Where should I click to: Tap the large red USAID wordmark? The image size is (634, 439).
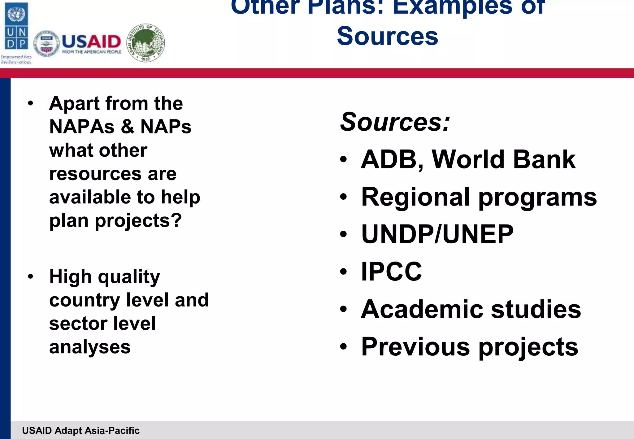[x=91, y=41]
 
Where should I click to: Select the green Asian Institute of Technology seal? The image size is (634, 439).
[x=146, y=43]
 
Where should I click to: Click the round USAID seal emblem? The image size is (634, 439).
[x=46, y=44]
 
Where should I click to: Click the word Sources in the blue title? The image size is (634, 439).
[x=387, y=36]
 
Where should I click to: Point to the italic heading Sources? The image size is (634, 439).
[x=395, y=122]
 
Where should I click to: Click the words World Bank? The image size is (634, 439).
[x=503, y=159]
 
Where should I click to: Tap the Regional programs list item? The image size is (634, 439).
[x=479, y=197]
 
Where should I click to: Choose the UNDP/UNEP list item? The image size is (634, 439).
[x=437, y=234]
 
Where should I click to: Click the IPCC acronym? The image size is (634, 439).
[x=391, y=272]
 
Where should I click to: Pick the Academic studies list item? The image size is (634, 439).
[x=471, y=309]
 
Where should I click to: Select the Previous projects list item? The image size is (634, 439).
[x=469, y=347]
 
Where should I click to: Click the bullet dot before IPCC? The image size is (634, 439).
[x=343, y=272]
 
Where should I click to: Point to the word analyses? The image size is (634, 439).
[x=90, y=347]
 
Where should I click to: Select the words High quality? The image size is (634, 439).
[x=105, y=276]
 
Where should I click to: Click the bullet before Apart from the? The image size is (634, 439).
[x=30, y=103]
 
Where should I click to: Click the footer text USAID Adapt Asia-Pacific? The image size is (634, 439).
[x=81, y=430]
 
